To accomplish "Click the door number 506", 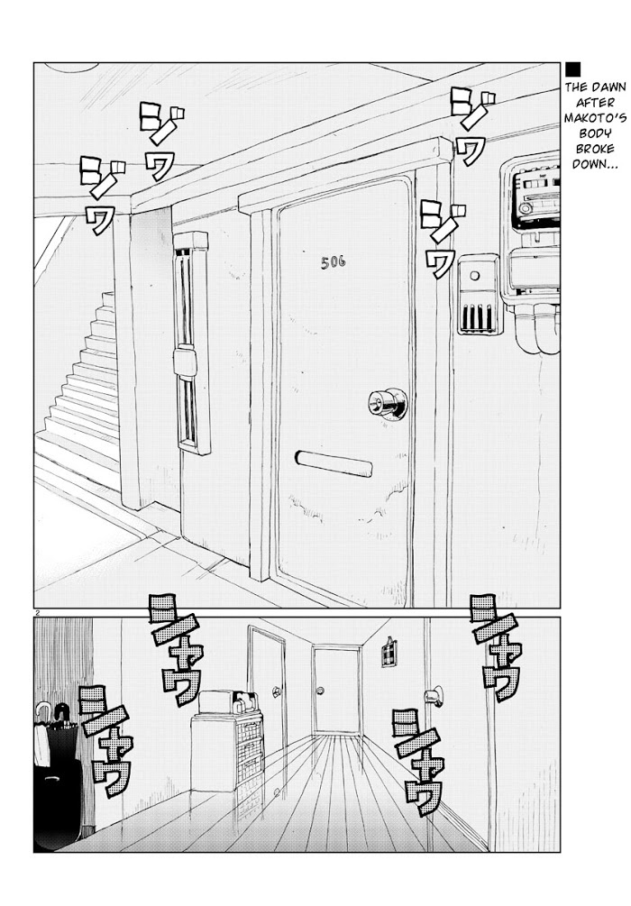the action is tap(334, 262).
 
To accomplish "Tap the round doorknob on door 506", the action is tap(388, 402).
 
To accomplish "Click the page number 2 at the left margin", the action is tap(36, 612).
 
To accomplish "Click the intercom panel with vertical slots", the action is tap(478, 296).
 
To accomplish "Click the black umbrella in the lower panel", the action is tap(58, 774).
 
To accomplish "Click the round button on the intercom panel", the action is tap(475, 275).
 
